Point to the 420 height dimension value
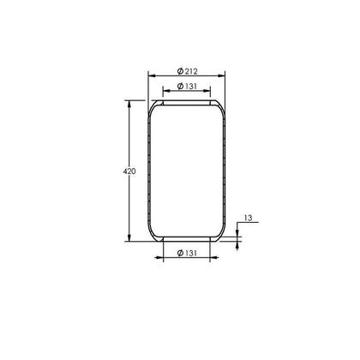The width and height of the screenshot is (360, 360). (x=129, y=171)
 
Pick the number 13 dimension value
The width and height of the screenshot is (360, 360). (x=248, y=219)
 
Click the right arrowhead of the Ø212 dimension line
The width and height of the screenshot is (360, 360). (x=227, y=75)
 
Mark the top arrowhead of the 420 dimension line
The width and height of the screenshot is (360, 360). (x=129, y=103)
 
